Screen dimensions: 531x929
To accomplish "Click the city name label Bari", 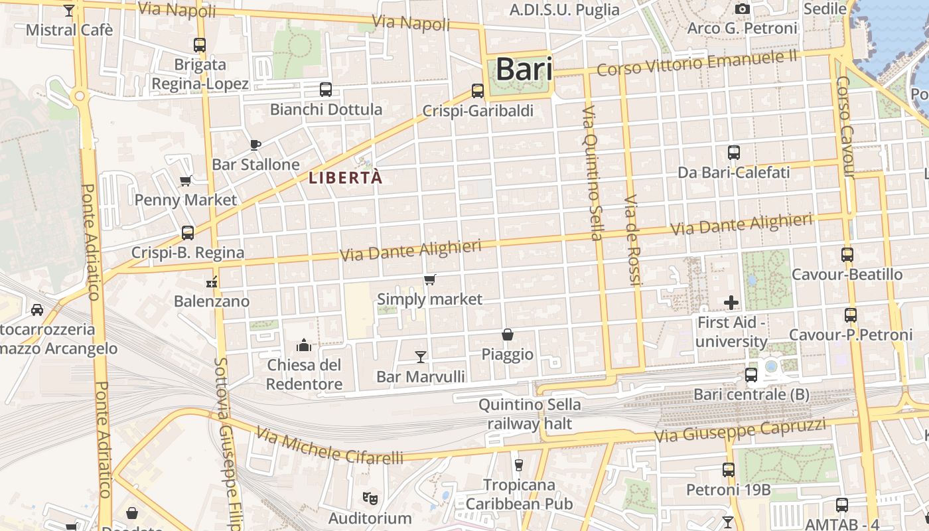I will (524, 69).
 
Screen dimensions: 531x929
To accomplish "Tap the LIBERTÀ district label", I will (346, 178).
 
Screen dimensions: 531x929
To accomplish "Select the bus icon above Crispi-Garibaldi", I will (478, 91).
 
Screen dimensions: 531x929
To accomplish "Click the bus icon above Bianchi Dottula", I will (326, 90).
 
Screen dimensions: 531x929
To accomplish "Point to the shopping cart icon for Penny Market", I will (186, 181).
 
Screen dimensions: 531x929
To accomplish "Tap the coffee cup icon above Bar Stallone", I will (255, 145).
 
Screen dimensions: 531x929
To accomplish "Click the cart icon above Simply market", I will (430, 279).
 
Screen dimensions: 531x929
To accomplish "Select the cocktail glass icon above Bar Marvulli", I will (421, 357).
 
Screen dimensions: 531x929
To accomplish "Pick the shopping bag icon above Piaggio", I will (508, 335).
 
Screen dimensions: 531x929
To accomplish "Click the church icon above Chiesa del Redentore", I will (305, 344).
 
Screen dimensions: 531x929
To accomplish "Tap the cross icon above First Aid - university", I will (731, 303).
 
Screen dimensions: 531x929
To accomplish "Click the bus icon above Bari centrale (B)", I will (751, 375).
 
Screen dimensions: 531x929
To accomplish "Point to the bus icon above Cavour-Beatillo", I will (847, 255).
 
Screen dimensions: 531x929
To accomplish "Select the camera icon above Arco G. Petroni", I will (743, 9).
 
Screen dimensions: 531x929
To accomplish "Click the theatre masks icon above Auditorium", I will (370, 498).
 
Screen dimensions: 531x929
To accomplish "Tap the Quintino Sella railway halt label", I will (530, 414).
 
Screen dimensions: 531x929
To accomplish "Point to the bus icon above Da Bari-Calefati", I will (734, 153).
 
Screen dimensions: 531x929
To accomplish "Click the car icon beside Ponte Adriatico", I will (37, 309).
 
